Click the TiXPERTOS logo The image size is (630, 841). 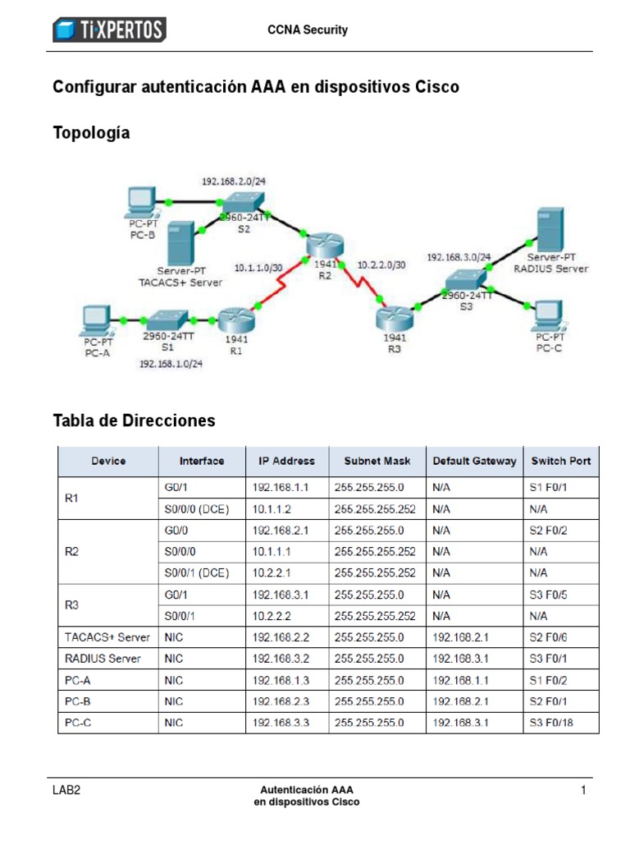[x=109, y=30]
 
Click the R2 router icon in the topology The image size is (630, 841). [x=325, y=244]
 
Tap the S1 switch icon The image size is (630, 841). [x=167, y=318]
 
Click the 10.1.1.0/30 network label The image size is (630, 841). [x=258, y=268]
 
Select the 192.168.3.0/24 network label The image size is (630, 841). [x=459, y=257]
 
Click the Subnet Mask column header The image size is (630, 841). [x=377, y=461]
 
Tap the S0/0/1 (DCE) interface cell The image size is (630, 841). [x=196, y=573]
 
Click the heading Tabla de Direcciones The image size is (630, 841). [x=134, y=420]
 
